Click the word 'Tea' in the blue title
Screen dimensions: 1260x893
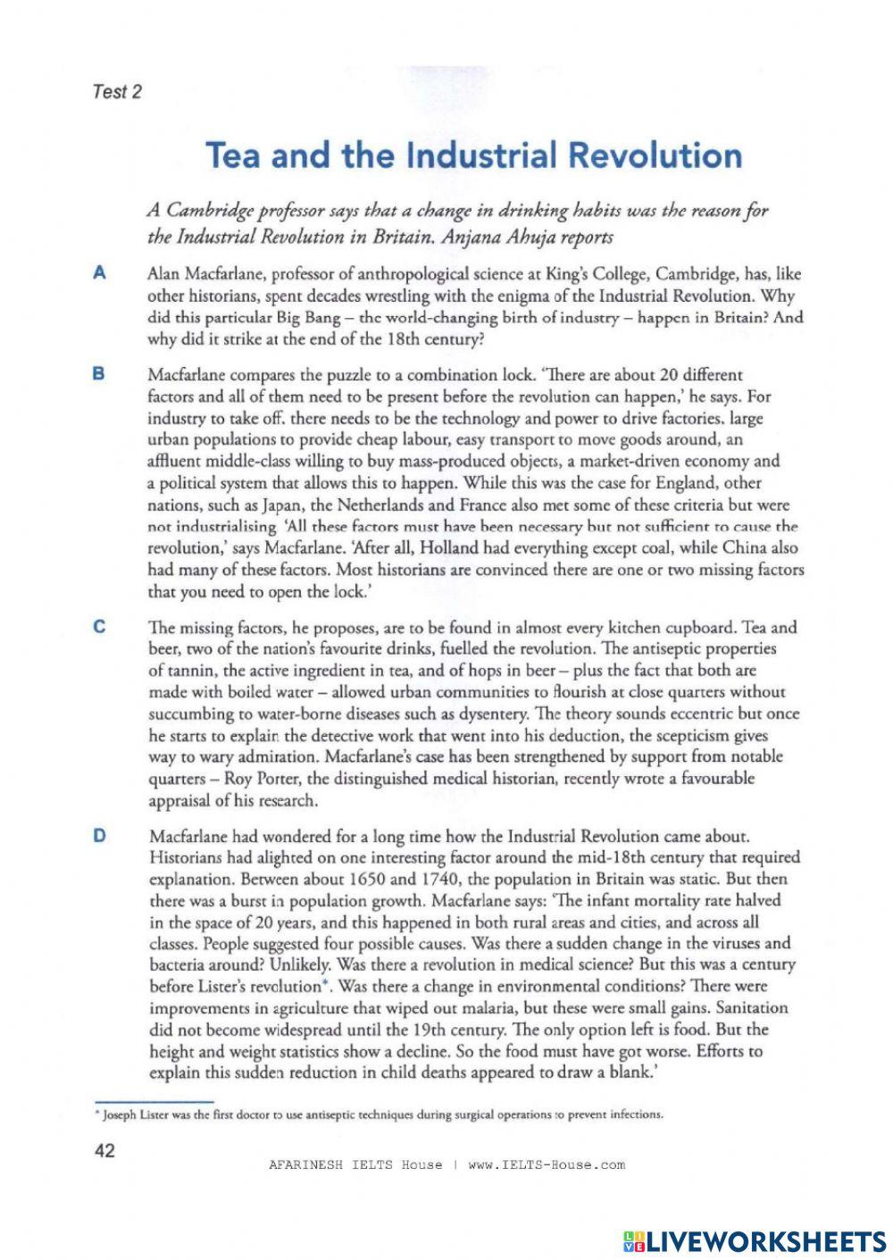[235, 154]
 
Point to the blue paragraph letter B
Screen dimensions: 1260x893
[99, 374]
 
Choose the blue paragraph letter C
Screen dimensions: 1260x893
[99, 627]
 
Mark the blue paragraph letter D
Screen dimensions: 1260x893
[99, 836]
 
